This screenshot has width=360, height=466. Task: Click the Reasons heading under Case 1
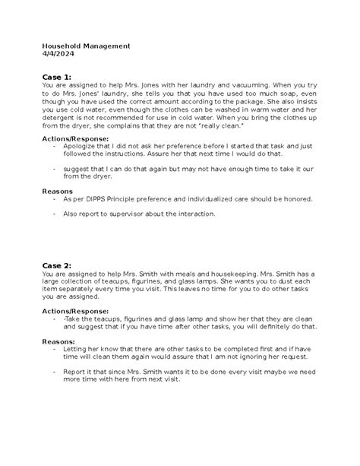click(58, 192)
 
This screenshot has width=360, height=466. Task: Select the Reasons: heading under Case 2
click(60, 342)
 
